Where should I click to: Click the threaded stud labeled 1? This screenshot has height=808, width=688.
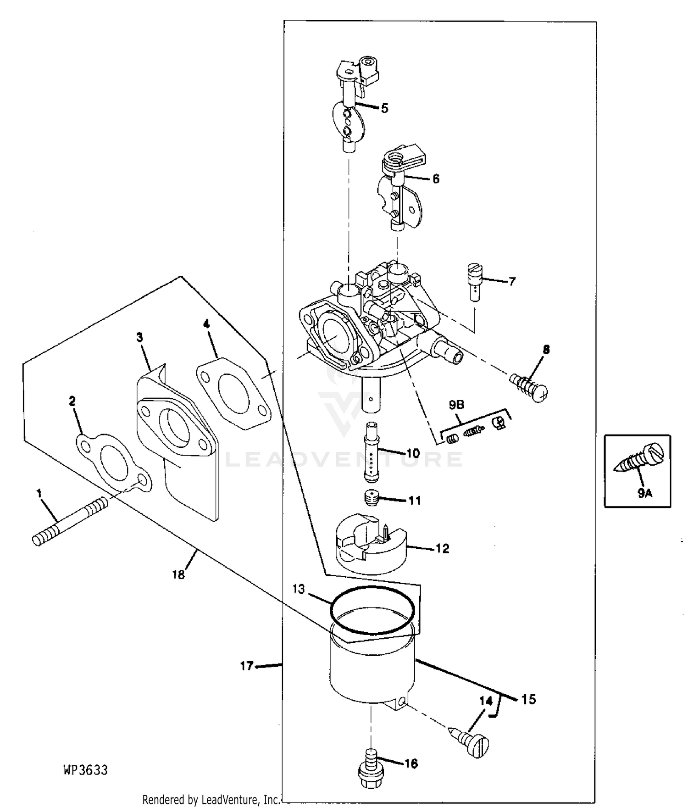[x=71, y=522]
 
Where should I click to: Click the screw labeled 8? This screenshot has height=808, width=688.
[x=530, y=386]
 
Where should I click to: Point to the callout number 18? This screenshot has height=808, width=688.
[x=178, y=574]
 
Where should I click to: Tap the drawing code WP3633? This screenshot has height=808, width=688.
[x=86, y=769]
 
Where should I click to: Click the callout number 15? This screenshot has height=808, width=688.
[x=528, y=699]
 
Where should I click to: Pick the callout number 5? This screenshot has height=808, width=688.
[x=384, y=108]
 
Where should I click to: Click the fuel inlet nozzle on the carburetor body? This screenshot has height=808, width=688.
[x=446, y=350]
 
